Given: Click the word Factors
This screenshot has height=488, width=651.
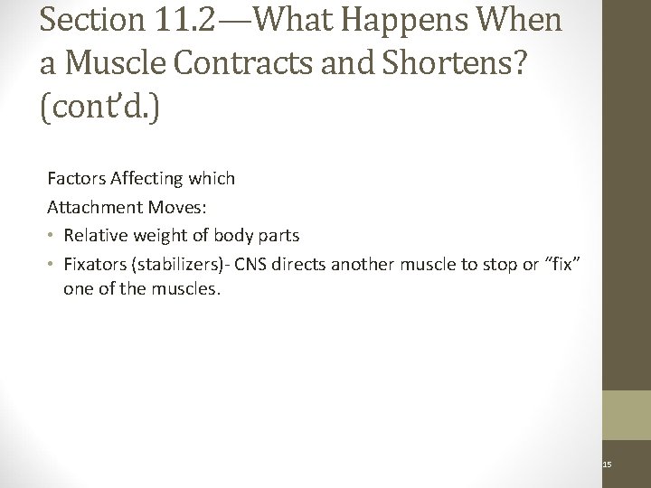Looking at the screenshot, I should [74, 179].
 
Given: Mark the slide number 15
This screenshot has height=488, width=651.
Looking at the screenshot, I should [608, 465].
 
